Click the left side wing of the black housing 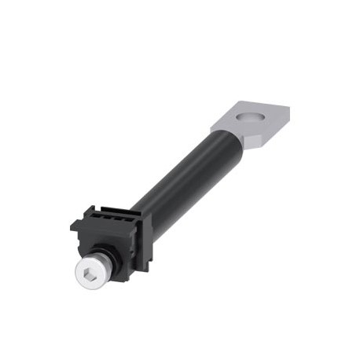pos(75,228)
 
